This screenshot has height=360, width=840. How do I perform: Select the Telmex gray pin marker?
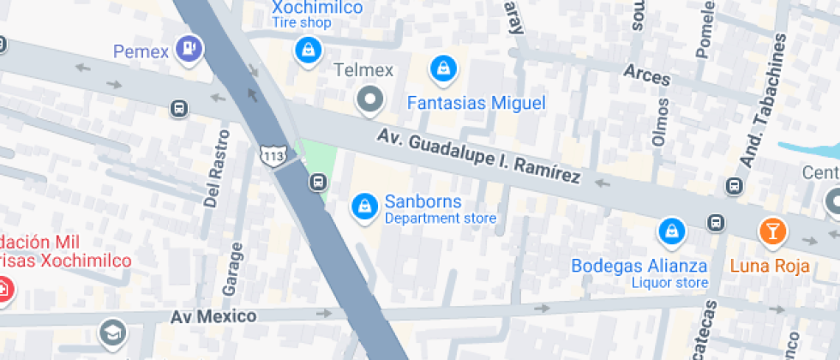[370, 100]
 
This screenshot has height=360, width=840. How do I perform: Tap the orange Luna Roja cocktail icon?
[772, 231]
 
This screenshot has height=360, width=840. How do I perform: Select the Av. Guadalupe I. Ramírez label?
[479, 157]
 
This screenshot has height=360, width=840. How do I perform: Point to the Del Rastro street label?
[218, 168]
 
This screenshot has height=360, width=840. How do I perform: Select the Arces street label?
[647, 75]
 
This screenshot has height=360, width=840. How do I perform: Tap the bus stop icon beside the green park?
[317, 182]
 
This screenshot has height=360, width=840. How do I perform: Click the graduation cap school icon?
[111, 333]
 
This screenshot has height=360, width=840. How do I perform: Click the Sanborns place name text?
[423, 202]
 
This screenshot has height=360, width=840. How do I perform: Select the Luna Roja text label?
[770, 266]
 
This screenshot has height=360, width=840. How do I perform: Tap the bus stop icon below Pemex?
[179, 109]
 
